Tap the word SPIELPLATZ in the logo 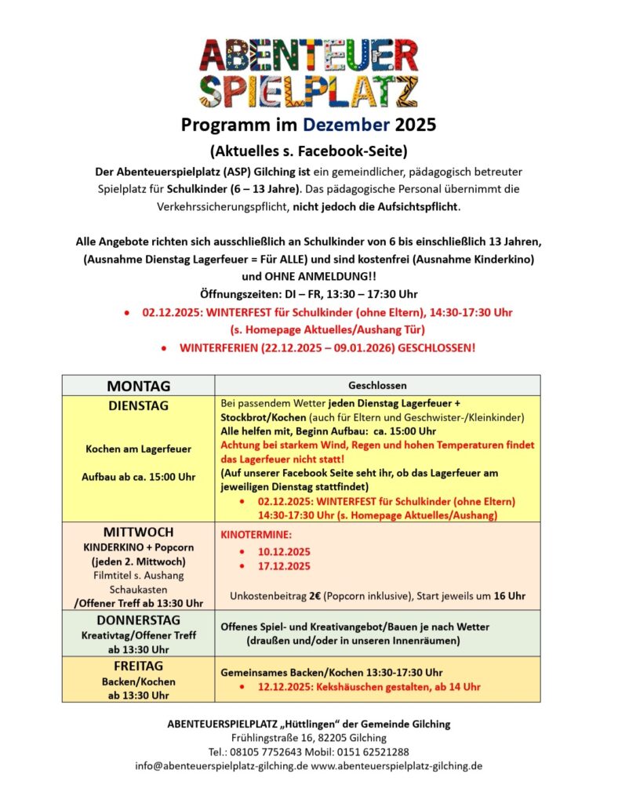(x=308, y=91)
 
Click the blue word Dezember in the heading (x=347, y=124)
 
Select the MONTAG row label (x=138, y=386)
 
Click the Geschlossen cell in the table (x=377, y=386)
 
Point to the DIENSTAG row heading (x=138, y=405)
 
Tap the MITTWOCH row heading (x=138, y=532)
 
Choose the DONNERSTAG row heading (x=138, y=620)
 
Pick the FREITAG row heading (x=138, y=666)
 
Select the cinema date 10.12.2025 (x=284, y=551)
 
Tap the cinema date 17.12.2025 (x=284, y=566)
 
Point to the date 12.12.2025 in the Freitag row (x=283, y=687)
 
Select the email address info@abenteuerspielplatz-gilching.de (x=221, y=766)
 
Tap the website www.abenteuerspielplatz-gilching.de (x=397, y=766)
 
